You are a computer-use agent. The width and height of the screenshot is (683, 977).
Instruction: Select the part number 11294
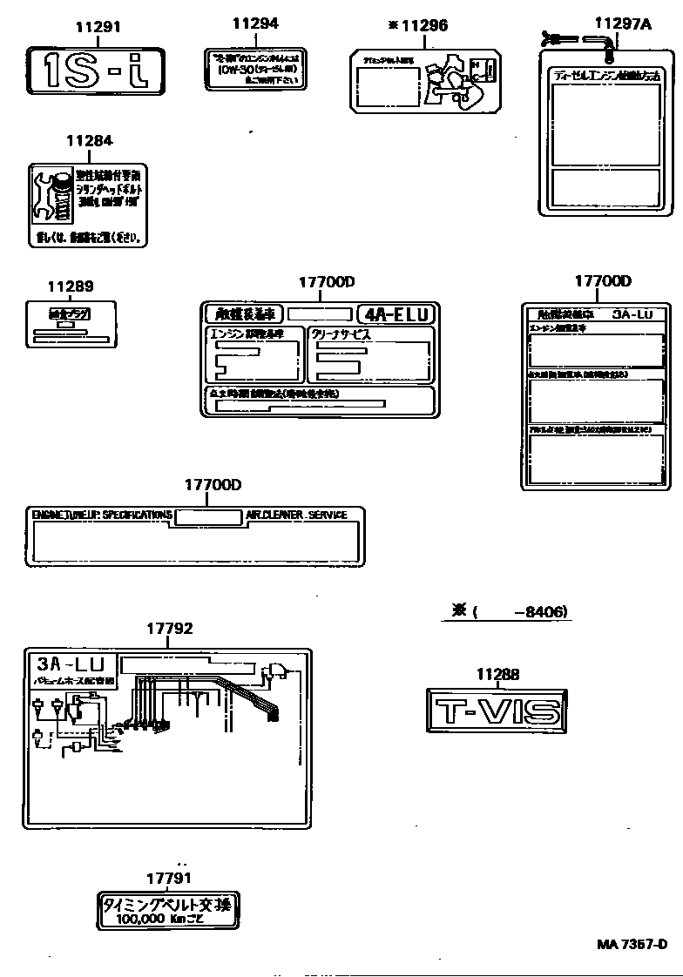255,24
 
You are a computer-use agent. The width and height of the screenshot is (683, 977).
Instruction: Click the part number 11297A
622,24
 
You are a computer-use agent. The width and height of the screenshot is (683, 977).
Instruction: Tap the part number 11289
71,286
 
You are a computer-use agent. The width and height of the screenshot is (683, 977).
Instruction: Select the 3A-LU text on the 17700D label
639,314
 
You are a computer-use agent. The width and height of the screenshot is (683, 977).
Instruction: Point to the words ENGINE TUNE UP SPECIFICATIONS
101,515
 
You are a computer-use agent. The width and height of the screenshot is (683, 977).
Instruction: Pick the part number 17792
169,628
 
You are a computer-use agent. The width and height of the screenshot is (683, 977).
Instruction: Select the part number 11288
497,673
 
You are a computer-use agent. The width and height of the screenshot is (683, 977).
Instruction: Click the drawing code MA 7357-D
632,945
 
